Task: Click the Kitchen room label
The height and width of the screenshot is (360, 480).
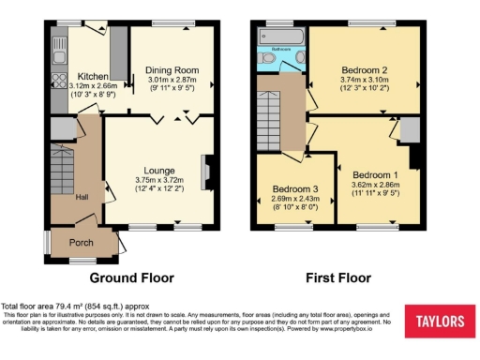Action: pos(93,75)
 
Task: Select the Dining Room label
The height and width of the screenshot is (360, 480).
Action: pos(172,70)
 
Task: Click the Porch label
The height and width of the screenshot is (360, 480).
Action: pos(82,241)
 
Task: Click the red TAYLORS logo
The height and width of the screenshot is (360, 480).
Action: pos(440,322)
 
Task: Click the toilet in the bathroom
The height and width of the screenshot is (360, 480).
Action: pos(268,58)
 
